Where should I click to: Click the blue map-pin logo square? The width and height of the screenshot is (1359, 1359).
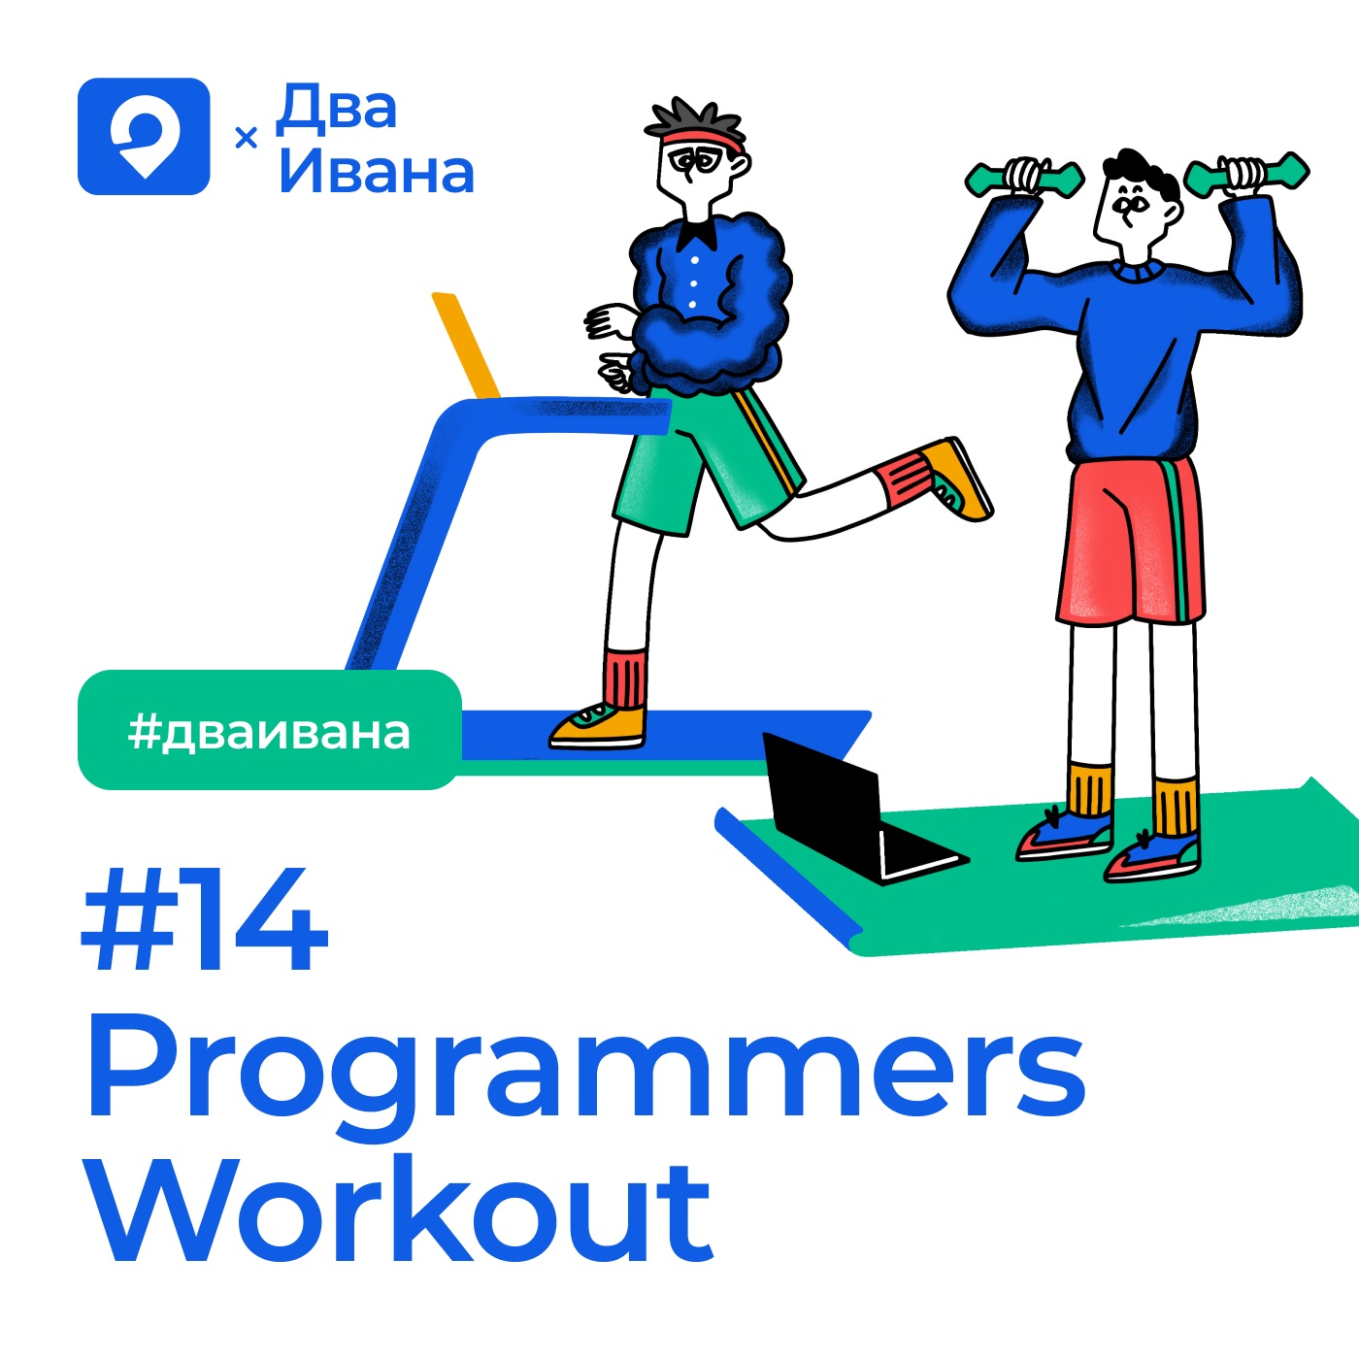tap(144, 136)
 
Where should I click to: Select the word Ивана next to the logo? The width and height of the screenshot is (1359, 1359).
tap(377, 172)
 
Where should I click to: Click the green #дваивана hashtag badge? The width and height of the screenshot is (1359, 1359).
tap(270, 730)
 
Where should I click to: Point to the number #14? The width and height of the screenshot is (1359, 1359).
tap(205, 919)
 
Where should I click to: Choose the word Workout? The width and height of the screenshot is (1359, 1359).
tap(400, 1210)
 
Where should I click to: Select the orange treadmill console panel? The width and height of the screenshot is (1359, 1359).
tap(466, 346)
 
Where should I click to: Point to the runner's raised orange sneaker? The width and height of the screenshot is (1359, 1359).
tap(957, 480)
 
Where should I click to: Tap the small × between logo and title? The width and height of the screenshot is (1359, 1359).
tap(246, 138)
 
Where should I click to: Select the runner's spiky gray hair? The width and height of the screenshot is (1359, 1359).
tap(695, 118)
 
